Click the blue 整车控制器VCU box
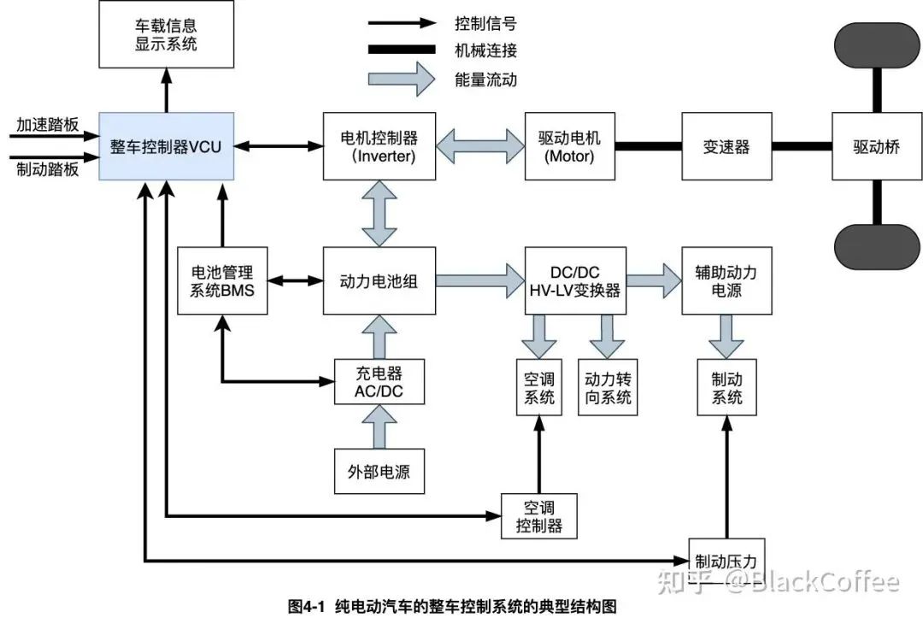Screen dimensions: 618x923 pos(165,146)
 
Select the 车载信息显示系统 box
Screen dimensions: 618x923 pos(166,34)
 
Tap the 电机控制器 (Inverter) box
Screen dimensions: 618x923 pos(379,146)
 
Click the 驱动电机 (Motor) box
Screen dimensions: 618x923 pos(570,146)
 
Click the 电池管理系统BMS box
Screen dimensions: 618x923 pos(222,280)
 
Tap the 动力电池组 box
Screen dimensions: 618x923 pos(379,280)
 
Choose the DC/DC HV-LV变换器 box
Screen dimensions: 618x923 pos(574,280)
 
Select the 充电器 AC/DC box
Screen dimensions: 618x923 pos(379,382)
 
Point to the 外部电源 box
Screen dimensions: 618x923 pos(379,471)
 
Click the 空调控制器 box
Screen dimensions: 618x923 pos(539,515)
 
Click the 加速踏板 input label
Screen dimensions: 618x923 pos(47,125)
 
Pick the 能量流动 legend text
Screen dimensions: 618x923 pos(485,79)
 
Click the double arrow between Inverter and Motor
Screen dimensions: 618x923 pos(479,146)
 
